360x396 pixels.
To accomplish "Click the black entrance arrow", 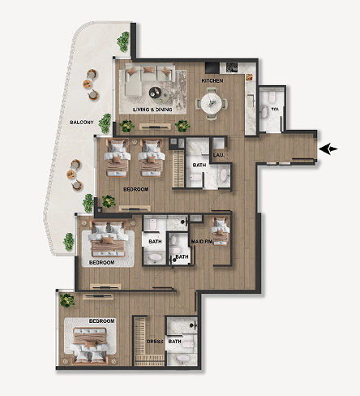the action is pos(328,149).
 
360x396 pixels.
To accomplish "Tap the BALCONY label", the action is pos(82,123).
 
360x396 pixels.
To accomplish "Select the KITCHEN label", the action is pos(212,80).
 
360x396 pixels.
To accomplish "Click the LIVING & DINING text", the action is pos(152,110).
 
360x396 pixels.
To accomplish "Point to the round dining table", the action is pos(212,104).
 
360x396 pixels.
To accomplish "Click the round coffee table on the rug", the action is pos(156,93).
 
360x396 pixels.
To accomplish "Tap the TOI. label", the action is pos(275,109).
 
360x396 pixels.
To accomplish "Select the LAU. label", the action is pos(219,155).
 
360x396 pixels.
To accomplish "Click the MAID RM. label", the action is pos(202,241).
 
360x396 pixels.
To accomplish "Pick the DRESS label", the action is pos(155,342).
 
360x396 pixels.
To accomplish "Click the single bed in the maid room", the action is pos(221,230).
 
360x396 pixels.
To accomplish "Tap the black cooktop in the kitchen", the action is pos(212,67).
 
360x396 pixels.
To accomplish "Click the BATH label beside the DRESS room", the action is pos(174,342).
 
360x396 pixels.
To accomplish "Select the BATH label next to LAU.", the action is pos(199,165).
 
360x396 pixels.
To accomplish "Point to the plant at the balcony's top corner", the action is pos(123,41).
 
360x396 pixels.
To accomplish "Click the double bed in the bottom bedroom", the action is pos(90,346).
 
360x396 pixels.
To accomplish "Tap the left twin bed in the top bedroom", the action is pos(117,157).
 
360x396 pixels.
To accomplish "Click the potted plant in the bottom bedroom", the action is pos(67,300).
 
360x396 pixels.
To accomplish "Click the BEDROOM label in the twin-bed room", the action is pos(136,189).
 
